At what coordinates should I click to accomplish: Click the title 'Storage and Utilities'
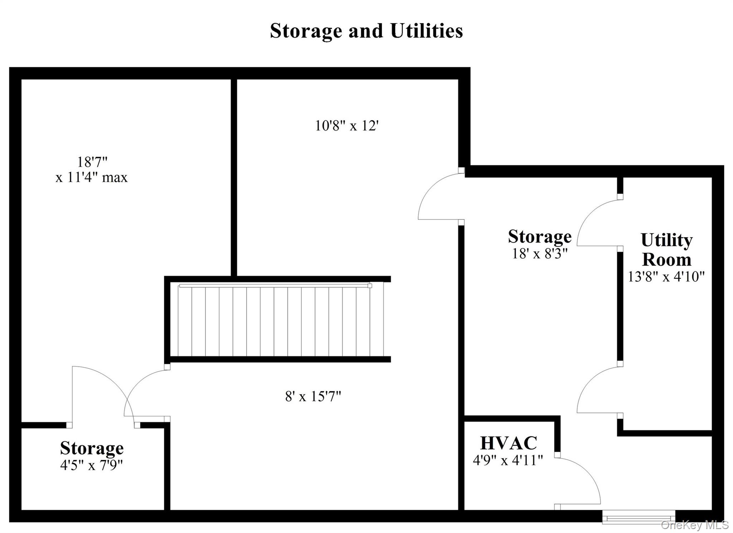point(366,31)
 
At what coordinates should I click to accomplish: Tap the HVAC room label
point(508,443)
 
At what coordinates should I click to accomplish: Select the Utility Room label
point(666,250)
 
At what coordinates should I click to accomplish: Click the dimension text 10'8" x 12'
point(347,126)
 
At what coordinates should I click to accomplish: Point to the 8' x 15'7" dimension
point(313,396)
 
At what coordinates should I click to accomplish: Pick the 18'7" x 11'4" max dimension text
point(92,170)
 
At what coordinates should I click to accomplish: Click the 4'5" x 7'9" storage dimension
point(92,465)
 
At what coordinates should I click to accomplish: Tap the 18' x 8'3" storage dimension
point(540,253)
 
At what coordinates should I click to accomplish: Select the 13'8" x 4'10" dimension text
point(666,276)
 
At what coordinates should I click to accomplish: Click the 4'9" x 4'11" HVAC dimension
point(508,460)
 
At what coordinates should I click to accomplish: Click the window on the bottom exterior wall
point(639,517)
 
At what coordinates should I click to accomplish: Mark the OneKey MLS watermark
point(694,525)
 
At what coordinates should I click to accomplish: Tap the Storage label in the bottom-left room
point(92,448)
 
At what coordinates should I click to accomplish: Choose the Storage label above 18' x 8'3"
point(540,236)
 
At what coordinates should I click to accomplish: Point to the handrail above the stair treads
point(275,286)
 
